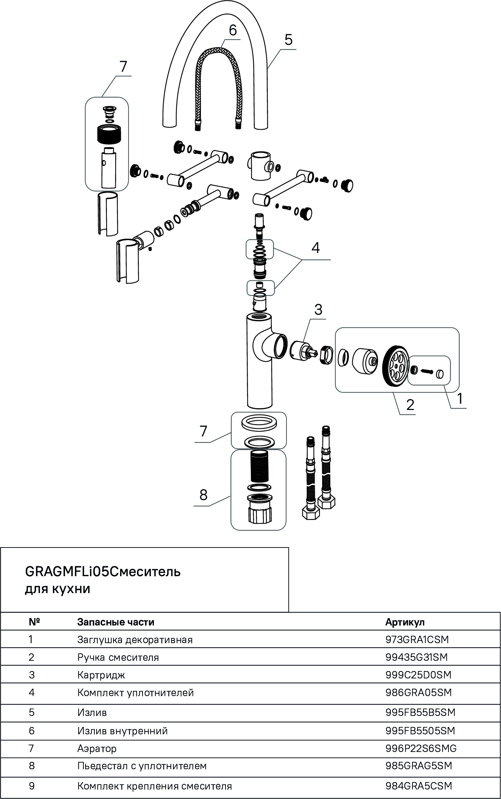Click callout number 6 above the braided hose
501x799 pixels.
coord(233,31)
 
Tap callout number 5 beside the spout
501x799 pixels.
coord(288,40)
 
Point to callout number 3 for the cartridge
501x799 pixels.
coord(318,310)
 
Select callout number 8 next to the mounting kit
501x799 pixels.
coord(203,495)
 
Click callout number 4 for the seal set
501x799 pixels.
coord(316,248)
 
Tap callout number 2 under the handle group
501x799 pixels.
coord(410,405)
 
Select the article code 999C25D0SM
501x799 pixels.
coord(418,675)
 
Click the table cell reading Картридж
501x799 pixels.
coord(101,675)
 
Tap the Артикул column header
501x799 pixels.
coord(405,622)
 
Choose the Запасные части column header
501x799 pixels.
coord(116,622)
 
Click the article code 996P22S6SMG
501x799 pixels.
coord(421,748)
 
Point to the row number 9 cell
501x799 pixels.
coord(32,786)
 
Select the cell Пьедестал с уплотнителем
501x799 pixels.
coord(142,766)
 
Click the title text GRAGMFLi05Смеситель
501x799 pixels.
coord(102,572)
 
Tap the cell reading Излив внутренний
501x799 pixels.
coord(122,731)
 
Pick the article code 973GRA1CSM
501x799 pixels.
coord(417,639)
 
